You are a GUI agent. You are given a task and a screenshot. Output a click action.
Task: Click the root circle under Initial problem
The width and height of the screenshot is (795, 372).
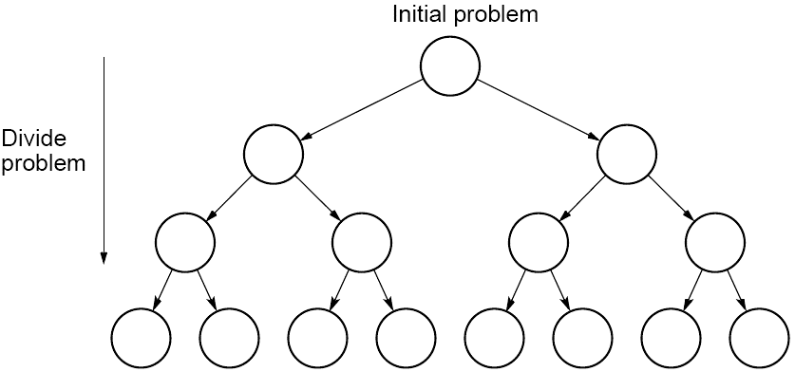pos(451,66)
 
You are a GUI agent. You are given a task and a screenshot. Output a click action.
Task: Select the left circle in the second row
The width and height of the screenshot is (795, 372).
pos(274,154)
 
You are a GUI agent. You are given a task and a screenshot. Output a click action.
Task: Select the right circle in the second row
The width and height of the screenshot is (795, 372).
pos(627,154)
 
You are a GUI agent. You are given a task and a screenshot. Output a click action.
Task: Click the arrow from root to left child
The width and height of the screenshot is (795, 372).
pos(361,109)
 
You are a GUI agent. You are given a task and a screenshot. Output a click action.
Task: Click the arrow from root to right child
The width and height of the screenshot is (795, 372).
pos(539,109)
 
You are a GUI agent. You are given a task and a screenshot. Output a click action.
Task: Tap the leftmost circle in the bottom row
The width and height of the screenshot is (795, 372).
pos(141,339)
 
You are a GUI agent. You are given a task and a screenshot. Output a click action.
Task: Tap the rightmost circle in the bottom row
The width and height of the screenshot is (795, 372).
pos(760,339)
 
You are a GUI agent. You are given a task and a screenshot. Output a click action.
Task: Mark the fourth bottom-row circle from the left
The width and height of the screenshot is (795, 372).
pos(406,339)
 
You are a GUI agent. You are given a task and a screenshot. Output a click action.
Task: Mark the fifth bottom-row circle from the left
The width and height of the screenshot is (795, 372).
pos(494,339)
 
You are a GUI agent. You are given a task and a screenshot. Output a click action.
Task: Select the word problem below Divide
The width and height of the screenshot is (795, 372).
pos(44,162)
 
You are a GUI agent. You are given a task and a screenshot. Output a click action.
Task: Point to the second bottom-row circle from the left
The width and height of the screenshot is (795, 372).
pos(229,339)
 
